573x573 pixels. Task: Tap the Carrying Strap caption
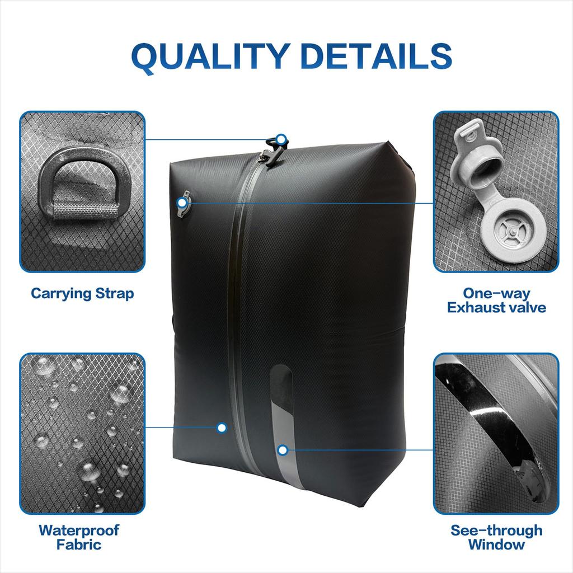click(82, 293)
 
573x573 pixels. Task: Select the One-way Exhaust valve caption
click(496, 300)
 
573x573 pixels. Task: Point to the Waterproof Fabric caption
click(79, 537)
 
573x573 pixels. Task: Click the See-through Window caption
click(496, 537)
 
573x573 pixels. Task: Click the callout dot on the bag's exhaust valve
click(181, 202)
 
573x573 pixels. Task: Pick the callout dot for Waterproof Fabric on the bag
click(222, 428)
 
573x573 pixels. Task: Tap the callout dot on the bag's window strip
click(283, 449)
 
